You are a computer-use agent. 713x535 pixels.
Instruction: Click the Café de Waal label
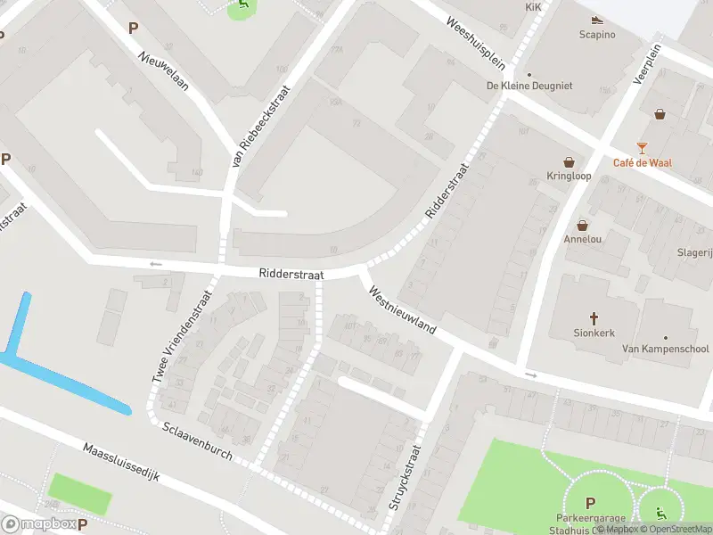click(x=642, y=162)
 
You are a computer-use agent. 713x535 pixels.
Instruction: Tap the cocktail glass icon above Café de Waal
click(x=642, y=147)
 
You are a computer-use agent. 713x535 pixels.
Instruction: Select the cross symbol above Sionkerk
click(x=594, y=317)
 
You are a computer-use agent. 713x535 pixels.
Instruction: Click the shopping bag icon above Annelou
click(x=583, y=226)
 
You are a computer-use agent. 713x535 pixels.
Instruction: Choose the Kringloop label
click(x=569, y=176)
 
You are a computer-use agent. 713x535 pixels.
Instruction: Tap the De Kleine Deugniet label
click(x=529, y=86)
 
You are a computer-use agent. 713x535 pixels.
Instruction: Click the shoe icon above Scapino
click(x=596, y=20)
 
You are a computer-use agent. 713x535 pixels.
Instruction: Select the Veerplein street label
click(x=650, y=64)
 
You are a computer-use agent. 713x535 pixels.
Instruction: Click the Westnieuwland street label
click(x=402, y=310)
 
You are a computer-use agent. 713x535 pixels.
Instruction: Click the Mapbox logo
click(x=38, y=524)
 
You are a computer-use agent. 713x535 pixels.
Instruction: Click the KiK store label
click(x=533, y=6)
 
